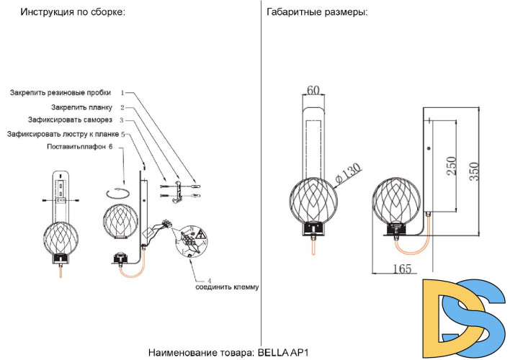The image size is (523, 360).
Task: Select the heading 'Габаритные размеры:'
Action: click(x=316, y=13)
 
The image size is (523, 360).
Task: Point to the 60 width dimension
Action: click(x=313, y=91)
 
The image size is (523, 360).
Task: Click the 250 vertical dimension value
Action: click(x=451, y=168)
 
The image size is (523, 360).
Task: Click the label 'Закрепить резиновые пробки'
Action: click(x=61, y=93)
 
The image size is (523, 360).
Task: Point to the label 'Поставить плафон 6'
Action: click(x=79, y=147)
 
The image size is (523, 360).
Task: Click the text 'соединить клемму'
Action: click(x=227, y=287)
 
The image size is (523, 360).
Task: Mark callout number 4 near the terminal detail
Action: click(x=209, y=279)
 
